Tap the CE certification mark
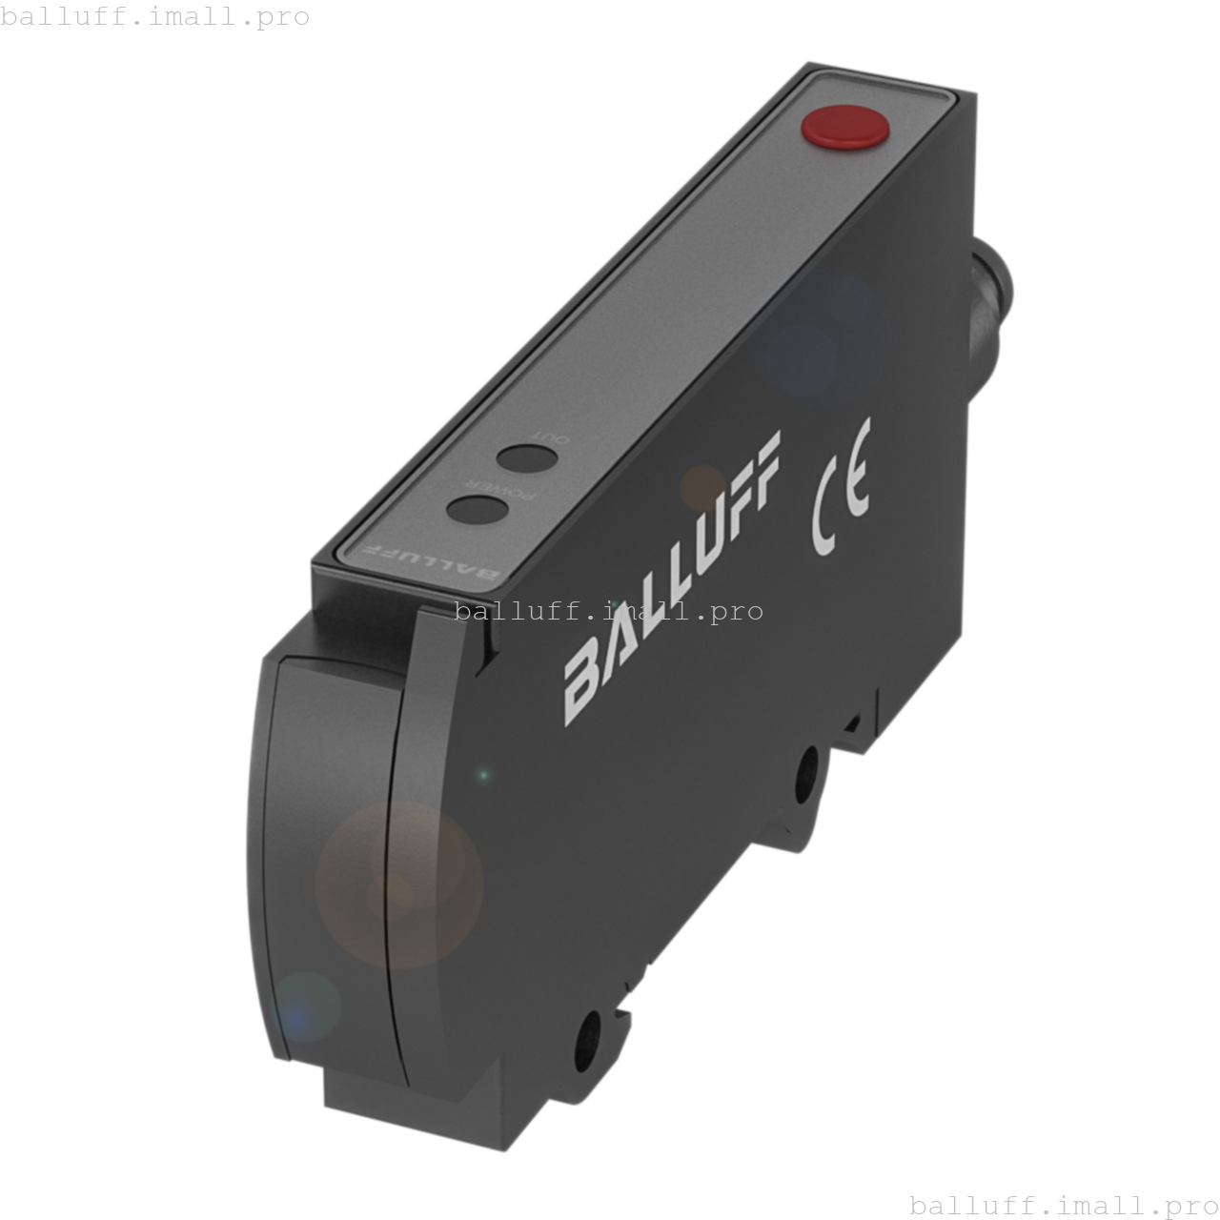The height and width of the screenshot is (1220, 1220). (841, 487)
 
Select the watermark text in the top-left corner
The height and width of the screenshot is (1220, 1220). (155, 16)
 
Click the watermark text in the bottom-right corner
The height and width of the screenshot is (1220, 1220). (1064, 1205)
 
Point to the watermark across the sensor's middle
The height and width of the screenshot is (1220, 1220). (610, 611)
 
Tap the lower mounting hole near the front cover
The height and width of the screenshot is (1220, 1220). (588, 1032)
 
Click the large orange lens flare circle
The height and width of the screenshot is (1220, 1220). (399, 884)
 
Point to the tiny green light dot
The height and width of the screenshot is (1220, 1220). (483, 776)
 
